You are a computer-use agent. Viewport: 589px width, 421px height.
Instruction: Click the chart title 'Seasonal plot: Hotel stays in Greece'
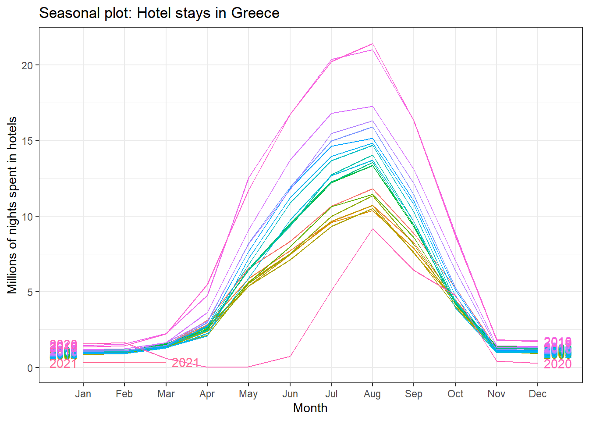coord(159,13)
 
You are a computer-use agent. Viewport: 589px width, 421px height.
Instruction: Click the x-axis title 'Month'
coord(310,408)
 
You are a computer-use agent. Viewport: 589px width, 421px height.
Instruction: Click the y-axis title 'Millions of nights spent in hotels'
coord(12,205)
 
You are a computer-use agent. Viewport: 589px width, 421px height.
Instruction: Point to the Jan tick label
coord(83,394)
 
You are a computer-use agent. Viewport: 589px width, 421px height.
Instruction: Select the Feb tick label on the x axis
coord(124,394)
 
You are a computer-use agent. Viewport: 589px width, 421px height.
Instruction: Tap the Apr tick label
coord(207,394)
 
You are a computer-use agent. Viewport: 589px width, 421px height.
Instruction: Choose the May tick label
coord(248,394)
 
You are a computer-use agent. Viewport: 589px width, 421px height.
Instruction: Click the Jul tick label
coord(331,394)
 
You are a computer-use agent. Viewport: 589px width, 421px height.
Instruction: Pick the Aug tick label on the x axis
coord(372,394)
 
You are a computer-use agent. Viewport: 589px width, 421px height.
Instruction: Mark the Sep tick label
coord(414,394)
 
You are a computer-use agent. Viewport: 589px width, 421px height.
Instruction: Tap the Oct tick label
coord(455,394)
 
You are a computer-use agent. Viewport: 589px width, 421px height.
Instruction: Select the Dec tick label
coord(537,394)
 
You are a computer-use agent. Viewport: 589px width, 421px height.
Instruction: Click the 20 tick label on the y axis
coord(27,65)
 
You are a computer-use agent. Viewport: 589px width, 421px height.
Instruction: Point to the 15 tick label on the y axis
coord(27,141)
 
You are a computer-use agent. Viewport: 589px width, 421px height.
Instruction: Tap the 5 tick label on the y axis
coord(30,292)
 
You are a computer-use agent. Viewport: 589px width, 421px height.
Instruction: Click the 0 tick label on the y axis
coord(30,368)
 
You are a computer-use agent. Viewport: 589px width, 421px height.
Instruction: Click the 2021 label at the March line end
coord(185,363)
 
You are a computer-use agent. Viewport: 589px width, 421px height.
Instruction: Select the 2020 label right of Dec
coord(557,364)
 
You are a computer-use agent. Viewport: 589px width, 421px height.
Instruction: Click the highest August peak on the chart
coord(373,44)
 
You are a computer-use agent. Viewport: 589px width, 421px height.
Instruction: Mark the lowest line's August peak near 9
coord(373,229)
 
